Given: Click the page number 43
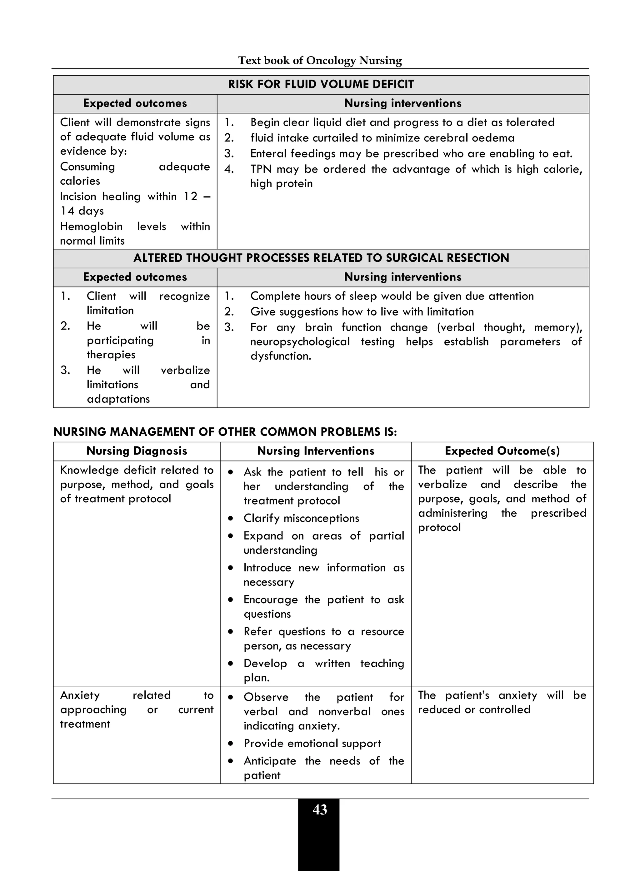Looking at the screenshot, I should pyautogui.click(x=320, y=810).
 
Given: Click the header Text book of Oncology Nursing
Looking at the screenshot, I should pyautogui.click(x=320, y=60).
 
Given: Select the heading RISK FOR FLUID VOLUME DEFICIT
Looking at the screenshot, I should pyautogui.click(x=321, y=84).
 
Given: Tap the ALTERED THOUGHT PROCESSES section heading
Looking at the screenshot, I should pyautogui.click(x=321, y=258).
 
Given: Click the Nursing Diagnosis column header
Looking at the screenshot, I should pyautogui.click(x=137, y=451).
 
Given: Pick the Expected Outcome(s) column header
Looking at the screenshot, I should pyautogui.click(x=502, y=451).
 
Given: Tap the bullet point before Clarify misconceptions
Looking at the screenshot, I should pyautogui.click(x=231, y=518).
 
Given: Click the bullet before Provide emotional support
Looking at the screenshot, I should pyautogui.click(x=231, y=744).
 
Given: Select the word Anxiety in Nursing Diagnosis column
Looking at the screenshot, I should pyautogui.click(x=80, y=695).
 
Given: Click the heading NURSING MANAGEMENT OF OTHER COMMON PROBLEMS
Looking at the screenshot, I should pyautogui.click(x=225, y=432).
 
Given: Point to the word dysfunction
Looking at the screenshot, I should pyautogui.click(x=281, y=356).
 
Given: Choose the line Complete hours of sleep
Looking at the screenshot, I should pyautogui.click(x=391, y=296).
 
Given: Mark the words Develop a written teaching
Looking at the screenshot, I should pyautogui.click(x=323, y=664).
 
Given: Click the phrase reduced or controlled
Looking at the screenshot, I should pyautogui.click(x=474, y=709).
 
